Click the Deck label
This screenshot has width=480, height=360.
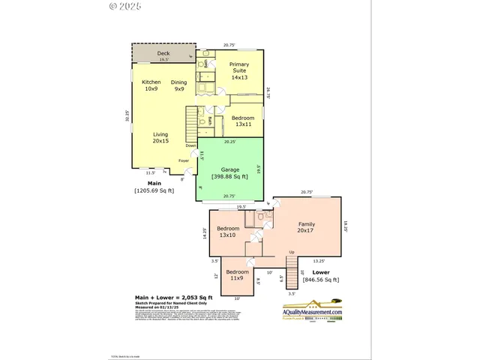click(163, 54)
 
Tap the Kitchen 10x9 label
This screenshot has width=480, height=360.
click(151, 85)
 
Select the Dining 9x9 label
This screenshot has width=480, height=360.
click(179, 85)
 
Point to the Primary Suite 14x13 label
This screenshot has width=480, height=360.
click(239, 71)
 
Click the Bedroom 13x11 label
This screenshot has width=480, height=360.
click(242, 122)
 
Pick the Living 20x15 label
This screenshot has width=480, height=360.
click(160, 138)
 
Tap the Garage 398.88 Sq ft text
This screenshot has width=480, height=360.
click(229, 172)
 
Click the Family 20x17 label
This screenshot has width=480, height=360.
click(307, 228)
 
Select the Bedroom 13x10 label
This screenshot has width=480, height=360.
click(228, 232)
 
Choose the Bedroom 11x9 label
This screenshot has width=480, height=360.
click(237, 274)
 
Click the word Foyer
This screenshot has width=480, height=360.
click(184, 160)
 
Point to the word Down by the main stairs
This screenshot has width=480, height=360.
click(191, 145)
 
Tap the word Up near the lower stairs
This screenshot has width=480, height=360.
click(292, 252)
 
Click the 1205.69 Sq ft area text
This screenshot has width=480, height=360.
click(154, 190)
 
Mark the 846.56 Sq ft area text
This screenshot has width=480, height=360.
click(321, 280)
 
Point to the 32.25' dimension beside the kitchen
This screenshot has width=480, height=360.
click(127, 116)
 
